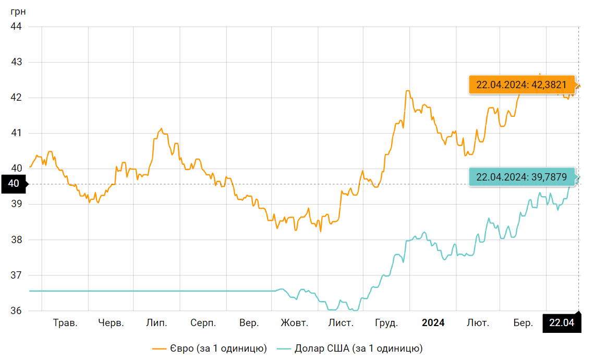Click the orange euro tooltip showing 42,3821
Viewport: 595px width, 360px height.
[x=521, y=85]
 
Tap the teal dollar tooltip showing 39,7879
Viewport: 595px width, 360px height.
[x=521, y=177]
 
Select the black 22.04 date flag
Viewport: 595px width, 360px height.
[x=562, y=323]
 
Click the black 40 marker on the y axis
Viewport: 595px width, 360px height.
[x=14, y=184]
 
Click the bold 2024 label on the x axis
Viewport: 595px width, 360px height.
[x=433, y=323]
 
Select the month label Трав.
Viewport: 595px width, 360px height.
[x=65, y=323]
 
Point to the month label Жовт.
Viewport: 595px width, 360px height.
[x=294, y=323]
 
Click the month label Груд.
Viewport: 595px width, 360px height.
[x=386, y=323]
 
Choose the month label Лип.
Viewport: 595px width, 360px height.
[x=156, y=323]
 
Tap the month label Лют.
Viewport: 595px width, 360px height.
[x=478, y=323]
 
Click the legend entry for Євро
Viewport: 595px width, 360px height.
[x=210, y=348]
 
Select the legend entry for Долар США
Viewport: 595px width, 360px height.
[x=349, y=348]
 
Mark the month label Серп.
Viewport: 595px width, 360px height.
[x=203, y=323]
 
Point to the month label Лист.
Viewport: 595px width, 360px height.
[x=341, y=323]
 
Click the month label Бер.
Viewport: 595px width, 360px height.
[x=523, y=323]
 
